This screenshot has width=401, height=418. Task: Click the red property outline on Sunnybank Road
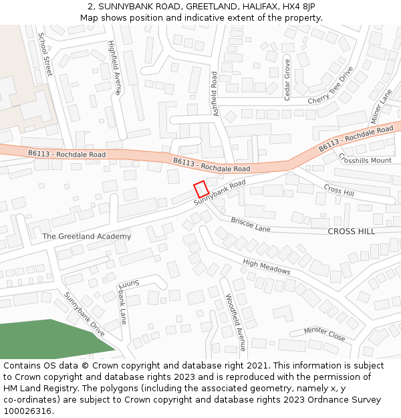pyautogui.click(x=201, y=189)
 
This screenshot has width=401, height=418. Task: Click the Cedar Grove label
pyautogui.click(x=287, y=80)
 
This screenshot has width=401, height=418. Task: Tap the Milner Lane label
pyautogui.click(x=380, y=106)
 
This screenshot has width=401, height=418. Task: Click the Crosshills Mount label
pyautogui.click(x=365, y=159)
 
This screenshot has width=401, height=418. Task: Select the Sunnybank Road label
pyautogui.click(x=220, y=192)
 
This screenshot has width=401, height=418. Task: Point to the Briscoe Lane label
pyautogui.click(x=251, y=224)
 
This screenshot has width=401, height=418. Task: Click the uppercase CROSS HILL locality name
pyautogui.click(x=352, y=231)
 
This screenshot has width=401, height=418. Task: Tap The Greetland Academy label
pyautogui.click(x=86, y=236)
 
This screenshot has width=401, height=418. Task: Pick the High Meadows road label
pyautogui.click(x=267, y=267)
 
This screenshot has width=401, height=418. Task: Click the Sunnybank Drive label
pyautogui.click(x=84, y=314)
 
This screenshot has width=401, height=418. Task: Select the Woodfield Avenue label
pyautogui.click(x=235, y=322)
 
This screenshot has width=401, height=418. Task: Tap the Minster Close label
pyautogui.click(x=325, y=334)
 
